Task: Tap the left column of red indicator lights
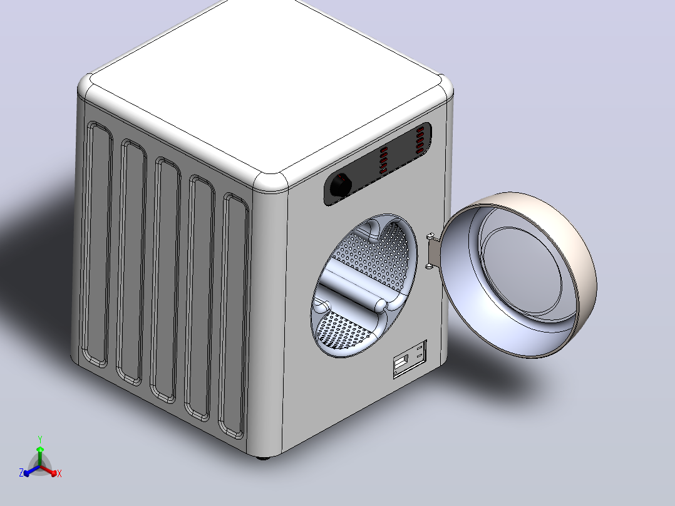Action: click(383, 160)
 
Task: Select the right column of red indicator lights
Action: click(420, 140)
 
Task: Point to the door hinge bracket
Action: click(432, 251)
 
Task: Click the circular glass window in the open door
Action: click(521, 271)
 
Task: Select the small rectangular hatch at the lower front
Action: click(410, 359)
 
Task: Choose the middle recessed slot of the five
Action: click(166, 280)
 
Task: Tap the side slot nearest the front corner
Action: click(234, 316)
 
